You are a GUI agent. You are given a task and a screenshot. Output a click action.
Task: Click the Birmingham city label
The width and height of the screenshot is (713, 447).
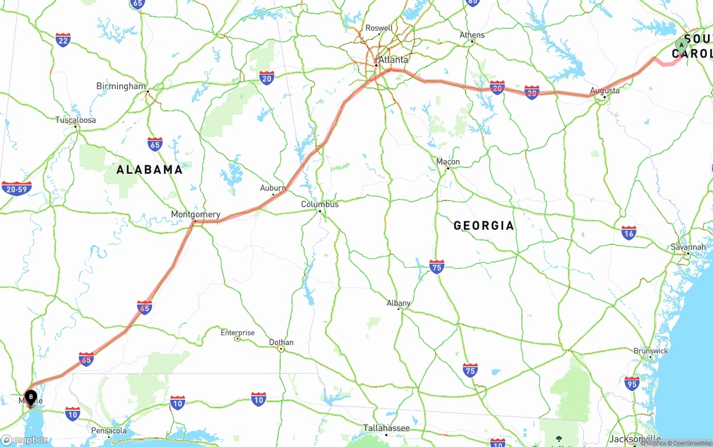121,86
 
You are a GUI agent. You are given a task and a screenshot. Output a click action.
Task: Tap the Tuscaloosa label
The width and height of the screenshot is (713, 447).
75,120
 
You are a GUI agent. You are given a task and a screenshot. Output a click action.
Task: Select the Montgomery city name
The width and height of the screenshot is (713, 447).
196,214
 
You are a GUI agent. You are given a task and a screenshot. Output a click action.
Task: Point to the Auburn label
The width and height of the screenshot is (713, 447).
273,188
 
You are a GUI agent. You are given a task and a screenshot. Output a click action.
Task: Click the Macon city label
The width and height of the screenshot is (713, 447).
448,162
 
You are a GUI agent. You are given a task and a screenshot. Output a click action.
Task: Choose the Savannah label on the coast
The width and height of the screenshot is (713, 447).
688,247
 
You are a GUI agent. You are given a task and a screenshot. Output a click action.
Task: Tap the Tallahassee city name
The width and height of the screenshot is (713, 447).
387,428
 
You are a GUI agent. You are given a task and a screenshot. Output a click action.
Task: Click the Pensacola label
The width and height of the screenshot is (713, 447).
109,430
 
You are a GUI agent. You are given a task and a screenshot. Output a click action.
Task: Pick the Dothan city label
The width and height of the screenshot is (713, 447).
281,342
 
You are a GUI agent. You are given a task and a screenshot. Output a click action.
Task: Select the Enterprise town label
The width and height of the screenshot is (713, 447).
237,333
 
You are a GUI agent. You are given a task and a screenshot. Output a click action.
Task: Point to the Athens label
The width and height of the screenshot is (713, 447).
472,35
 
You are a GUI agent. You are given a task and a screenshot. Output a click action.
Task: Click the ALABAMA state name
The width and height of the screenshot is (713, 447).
149,170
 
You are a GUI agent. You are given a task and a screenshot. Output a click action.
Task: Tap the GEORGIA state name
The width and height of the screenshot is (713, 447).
484,225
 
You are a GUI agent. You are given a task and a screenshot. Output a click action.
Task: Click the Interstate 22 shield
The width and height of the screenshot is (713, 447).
63,40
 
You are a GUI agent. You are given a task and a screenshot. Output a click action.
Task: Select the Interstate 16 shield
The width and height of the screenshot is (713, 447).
629,232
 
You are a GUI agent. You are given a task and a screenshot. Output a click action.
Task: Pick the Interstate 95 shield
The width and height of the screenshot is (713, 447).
632,383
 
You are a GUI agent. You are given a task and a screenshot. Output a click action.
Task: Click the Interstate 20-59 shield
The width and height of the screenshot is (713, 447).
16,189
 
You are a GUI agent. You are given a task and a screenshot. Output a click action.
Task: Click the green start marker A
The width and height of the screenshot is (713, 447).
681,45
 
